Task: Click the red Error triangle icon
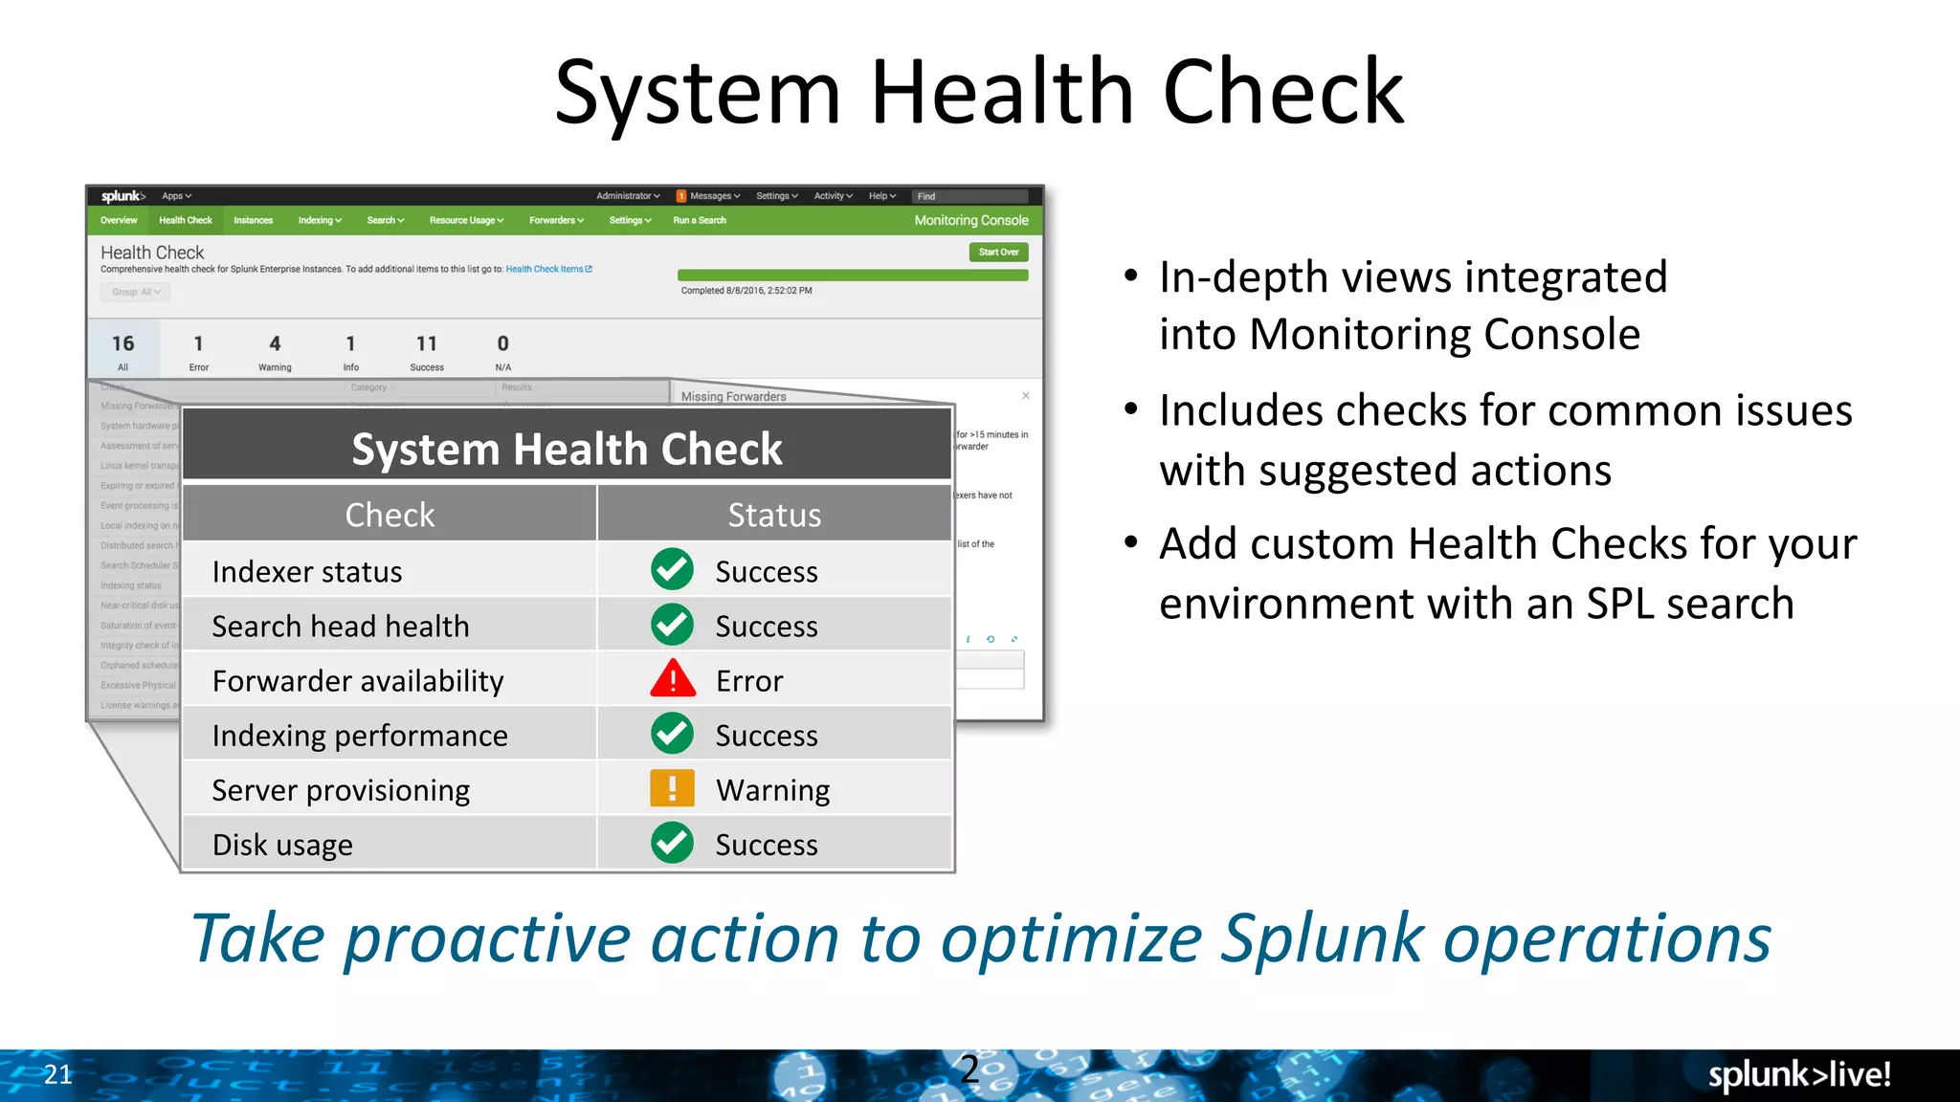click(673, 679)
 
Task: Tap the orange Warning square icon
click(673, 789)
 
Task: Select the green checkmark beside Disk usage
click(673, 843)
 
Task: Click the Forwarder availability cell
click(358, 681)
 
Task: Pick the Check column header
click(390, 515)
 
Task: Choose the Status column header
click(774, 515)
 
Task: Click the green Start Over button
click(998, 253)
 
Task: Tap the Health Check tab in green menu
click(186, 221)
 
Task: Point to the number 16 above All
click(122, 343)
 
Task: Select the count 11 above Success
click(427, 343)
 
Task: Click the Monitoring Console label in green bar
click(970, 221)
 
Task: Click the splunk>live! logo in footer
click(1799, 1074)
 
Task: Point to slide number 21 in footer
click(57, 1074)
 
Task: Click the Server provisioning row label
click(341, 790)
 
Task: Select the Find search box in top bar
click(969, 196)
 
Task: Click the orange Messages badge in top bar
click(681, 196)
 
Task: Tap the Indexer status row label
click(307, 572)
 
